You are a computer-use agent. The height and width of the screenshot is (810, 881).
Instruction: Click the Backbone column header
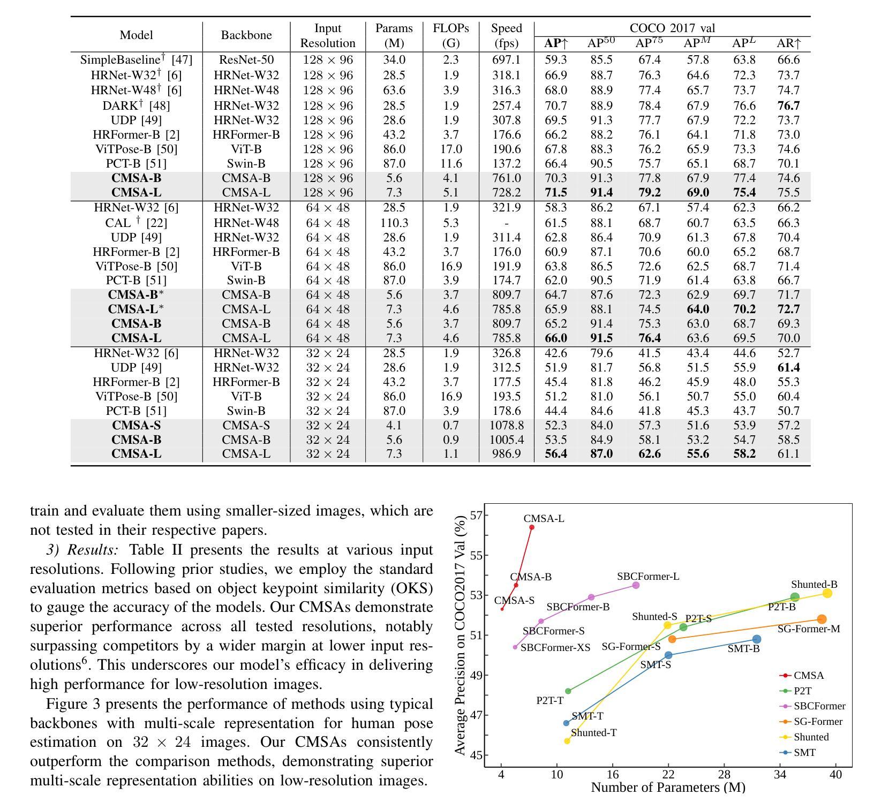[246, 35]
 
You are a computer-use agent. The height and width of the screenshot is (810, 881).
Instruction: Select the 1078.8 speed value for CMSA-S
[506, 426]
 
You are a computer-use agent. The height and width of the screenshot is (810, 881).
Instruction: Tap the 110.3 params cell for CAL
[394, 223]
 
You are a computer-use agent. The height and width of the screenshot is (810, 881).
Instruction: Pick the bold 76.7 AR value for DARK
[788, 106]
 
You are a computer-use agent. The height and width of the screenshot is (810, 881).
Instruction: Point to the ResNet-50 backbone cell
[246, 60]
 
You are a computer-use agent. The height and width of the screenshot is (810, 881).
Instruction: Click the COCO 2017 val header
[672, 28]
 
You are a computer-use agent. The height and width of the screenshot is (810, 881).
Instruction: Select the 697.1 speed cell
[506, 60]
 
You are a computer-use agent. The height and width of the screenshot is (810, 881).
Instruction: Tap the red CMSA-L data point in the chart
[532, 527]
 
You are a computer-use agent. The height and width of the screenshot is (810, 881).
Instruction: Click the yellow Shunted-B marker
[827, 593]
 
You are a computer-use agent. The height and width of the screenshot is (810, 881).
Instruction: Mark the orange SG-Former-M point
[822, 619]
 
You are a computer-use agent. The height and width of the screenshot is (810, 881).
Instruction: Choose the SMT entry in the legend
[798, 753]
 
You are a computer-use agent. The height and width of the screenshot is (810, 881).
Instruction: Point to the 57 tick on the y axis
[476, 516]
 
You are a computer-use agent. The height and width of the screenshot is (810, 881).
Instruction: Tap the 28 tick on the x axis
[724, 774]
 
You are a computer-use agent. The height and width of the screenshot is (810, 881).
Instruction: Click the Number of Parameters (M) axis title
[668, 788]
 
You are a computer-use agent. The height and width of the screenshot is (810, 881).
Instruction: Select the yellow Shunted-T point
[567, 741]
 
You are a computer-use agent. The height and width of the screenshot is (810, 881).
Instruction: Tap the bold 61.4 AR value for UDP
[788, 368]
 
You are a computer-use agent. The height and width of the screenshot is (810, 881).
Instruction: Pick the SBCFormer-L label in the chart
[648, 577]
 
